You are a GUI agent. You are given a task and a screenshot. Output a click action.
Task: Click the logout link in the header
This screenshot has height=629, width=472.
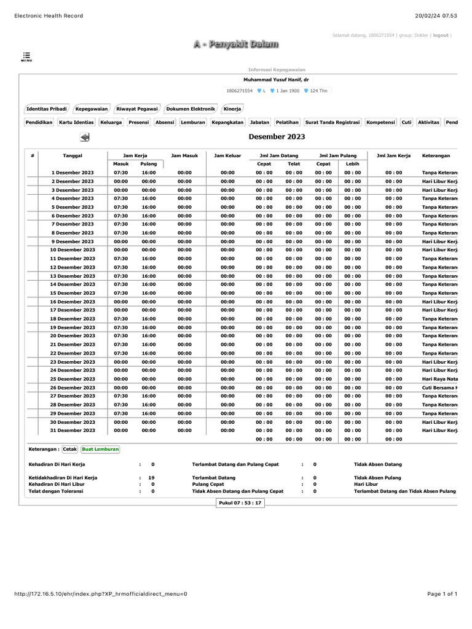pos(441,36)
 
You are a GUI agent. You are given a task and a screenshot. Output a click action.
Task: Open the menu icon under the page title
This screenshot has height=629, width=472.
pos(26,57)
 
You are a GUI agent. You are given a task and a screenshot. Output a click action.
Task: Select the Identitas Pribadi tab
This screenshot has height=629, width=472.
pos(47,109)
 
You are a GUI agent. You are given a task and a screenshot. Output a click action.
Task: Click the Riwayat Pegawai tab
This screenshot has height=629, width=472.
pos(137,109)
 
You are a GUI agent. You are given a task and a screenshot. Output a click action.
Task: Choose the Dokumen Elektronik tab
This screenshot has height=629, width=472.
pos(191,109)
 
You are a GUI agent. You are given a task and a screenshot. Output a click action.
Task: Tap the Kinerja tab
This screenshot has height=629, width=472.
pos(232,109)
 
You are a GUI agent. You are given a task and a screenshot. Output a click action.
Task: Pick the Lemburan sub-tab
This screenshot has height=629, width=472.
pos(193,122)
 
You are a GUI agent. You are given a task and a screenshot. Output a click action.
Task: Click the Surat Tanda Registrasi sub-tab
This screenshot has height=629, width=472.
pos(332,122)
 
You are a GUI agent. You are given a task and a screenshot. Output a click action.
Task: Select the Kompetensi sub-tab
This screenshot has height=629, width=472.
pos(380,122)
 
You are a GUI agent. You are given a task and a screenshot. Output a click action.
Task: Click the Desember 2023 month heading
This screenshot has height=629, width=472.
pos(277,137)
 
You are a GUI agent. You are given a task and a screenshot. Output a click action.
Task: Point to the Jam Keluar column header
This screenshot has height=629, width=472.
pos(227,156)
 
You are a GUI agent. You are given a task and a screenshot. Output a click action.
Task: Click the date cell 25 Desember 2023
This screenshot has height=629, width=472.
pos(73,379)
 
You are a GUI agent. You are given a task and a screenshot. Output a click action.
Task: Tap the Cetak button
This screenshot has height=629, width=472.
pos(69,449)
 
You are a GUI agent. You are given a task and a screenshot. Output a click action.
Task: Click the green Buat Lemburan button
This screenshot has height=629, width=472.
pos(101,449)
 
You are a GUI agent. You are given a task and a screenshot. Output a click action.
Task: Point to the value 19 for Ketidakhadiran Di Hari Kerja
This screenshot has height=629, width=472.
pos(151,477)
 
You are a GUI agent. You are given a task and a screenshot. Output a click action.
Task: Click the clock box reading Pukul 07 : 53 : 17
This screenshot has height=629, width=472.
pos(240,503)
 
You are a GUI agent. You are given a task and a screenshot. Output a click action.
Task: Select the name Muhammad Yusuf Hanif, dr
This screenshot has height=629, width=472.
pos(277,80)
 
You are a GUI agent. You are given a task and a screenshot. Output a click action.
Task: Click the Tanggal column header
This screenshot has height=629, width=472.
pos(73,156)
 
